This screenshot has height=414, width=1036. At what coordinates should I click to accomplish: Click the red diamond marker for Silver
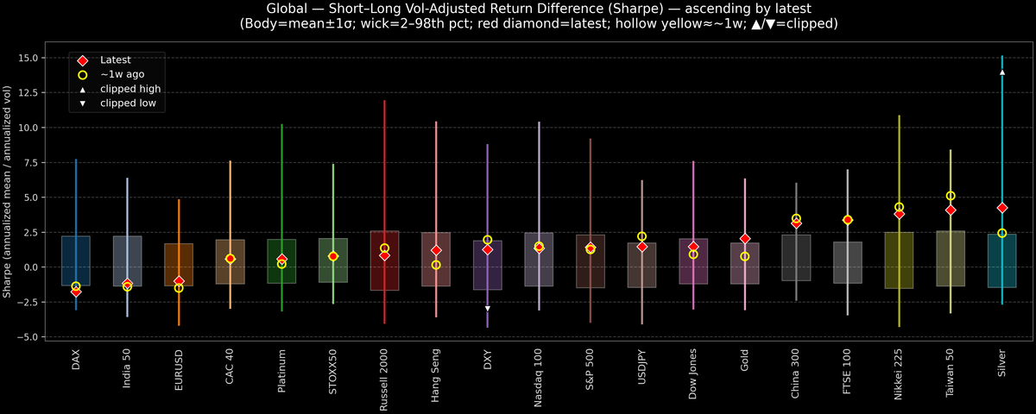[1002, 208]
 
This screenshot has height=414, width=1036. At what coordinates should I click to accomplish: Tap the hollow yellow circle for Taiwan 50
[951, 196]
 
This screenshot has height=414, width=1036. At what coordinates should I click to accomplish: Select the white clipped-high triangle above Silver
[1002, 72]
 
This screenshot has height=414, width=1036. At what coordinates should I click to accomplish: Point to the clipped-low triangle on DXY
[488, 308]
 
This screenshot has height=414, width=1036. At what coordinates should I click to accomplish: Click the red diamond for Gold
[745, 239]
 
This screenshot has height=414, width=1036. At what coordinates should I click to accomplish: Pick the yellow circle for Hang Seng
[436, 265]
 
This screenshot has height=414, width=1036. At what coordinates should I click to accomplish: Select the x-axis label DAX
[76, 361]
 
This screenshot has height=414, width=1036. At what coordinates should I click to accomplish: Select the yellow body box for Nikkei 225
[899, 260]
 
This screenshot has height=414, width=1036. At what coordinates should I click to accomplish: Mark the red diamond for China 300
[796, 223]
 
